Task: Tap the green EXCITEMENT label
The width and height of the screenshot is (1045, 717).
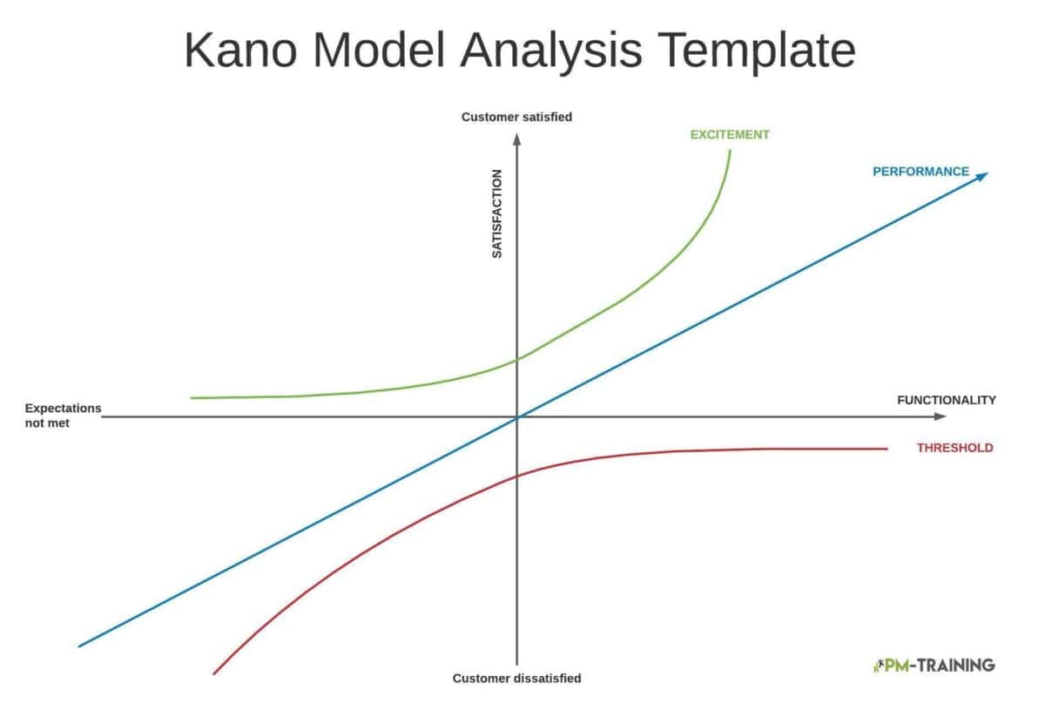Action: [730, 135]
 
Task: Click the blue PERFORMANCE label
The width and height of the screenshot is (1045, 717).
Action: [920, 172]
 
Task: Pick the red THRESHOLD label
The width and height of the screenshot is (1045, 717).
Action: [954, 448]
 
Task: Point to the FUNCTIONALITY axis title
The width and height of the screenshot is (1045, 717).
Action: [946, 400]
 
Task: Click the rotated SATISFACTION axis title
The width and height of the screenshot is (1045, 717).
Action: [497, 213]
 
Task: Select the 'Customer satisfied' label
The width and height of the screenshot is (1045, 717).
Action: [516, 117]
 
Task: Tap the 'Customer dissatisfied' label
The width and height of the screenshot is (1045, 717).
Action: [516, 678]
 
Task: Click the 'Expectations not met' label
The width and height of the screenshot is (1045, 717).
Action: [63, 415]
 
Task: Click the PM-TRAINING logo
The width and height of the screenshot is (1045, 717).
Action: [933, 665]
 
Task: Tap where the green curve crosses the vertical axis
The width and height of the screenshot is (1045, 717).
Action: [517, 358]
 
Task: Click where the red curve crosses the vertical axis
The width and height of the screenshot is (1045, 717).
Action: [517, 476]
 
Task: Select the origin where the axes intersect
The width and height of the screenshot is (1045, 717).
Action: [517, 417]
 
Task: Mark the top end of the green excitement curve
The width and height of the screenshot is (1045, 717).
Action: [730, 151]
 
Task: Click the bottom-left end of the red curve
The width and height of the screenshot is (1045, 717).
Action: [214, 673]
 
